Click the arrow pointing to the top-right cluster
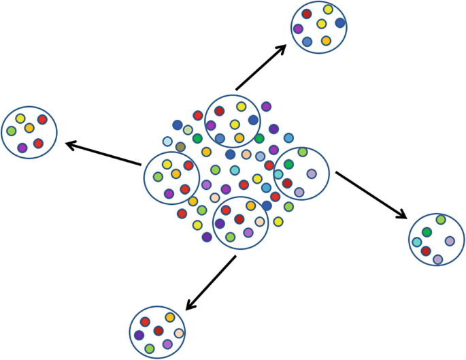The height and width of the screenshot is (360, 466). click(x=261, y=67)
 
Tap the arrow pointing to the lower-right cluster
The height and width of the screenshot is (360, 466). click(x=371, y=195)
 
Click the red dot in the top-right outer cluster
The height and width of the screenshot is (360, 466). click(x=307, y=14)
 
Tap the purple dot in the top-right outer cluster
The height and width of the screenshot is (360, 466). click(x=298, y=29)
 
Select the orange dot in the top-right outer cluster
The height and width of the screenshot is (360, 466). click(x=326, y=41)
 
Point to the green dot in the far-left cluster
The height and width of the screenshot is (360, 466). click(x=11, y=131)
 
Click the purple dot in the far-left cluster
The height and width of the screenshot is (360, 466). click(x=22, y=148)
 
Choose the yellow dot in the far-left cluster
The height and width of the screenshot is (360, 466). click(x=20, y=118)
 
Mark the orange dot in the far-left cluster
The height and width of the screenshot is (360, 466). click(x=29, y=128)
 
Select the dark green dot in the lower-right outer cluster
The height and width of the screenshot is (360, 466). click(x=427, y=233)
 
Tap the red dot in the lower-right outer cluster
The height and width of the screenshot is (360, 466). click(x=426, y=251)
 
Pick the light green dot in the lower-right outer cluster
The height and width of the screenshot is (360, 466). click(x=441, y=220)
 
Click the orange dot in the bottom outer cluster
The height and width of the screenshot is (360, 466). click(x=169, y=318)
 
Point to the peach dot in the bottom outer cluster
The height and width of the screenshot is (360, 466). click(x=179, y=333)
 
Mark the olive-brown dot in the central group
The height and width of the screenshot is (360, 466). click(x=180, y=147)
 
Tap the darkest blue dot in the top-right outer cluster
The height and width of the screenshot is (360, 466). click(x=340, y=22)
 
